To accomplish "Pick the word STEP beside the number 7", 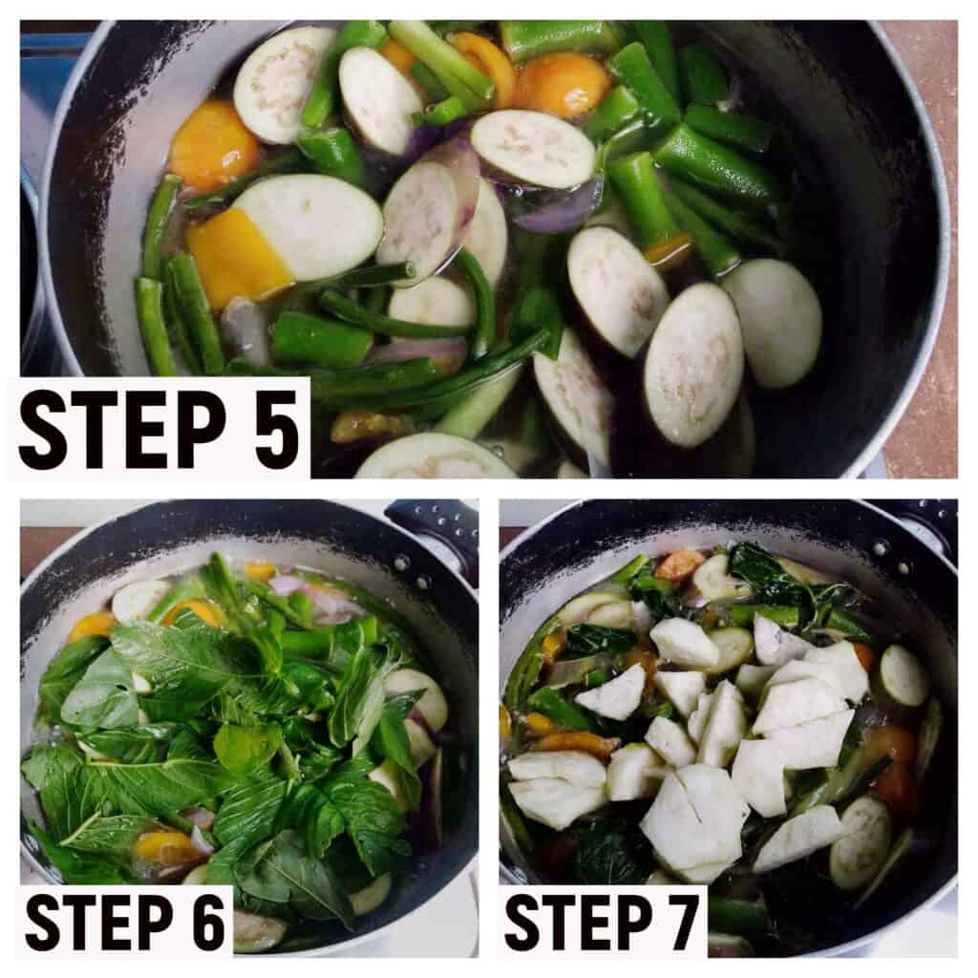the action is click(575, 922).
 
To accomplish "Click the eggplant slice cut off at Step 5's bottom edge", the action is click(436, 457).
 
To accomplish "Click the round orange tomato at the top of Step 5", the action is click(562, 85).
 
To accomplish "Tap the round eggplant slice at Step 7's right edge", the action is click(904, 676).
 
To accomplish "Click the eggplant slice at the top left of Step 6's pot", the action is click(141, 600).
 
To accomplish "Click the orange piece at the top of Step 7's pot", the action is click(680, 564).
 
